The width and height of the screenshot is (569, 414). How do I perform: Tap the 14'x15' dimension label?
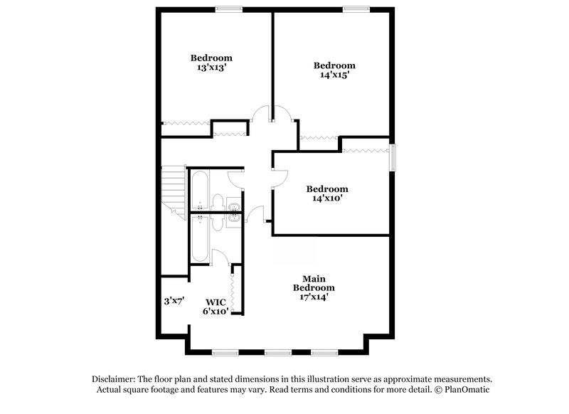[334, 75]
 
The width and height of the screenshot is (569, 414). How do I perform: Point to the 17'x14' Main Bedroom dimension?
[314, 297]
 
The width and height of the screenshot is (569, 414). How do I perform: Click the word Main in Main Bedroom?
[314, 278]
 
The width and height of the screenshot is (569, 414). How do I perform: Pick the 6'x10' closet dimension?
[215, 312]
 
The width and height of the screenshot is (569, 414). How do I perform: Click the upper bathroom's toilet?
[218, 203]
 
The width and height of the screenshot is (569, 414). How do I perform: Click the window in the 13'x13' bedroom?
[228, 9]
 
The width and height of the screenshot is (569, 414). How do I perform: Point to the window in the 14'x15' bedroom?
[353, 9]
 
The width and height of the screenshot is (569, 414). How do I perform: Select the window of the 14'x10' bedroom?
[391, 157]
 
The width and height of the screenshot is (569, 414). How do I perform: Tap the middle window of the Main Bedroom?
[278, 352]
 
